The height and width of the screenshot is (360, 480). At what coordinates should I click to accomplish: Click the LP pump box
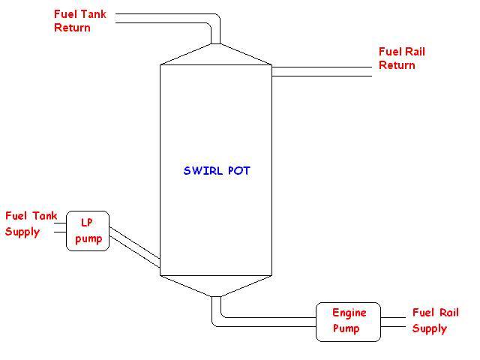click(88, 231)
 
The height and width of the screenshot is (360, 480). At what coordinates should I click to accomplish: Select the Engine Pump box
click(347, 322)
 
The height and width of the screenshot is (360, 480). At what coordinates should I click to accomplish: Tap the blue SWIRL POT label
click(217, 171)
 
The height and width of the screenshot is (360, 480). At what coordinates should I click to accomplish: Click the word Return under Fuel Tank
click(72, 28)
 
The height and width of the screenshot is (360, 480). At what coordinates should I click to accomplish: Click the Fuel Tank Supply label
click(31, 223)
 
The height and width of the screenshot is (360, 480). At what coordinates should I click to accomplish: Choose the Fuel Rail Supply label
click(435, 320)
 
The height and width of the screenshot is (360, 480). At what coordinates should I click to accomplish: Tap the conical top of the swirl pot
click(216, 54)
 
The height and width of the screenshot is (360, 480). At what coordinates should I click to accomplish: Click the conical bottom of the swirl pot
click(216, 285)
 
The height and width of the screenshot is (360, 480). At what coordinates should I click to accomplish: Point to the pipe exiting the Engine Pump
click(394, 322)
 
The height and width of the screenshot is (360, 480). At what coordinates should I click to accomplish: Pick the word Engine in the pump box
click(348, 313)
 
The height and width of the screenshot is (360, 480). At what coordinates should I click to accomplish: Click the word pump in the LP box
click(88, 238)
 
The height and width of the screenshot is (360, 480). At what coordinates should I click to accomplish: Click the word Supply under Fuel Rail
click(430, 328)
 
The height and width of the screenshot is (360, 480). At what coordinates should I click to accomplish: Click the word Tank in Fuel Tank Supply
click(44, 216)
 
